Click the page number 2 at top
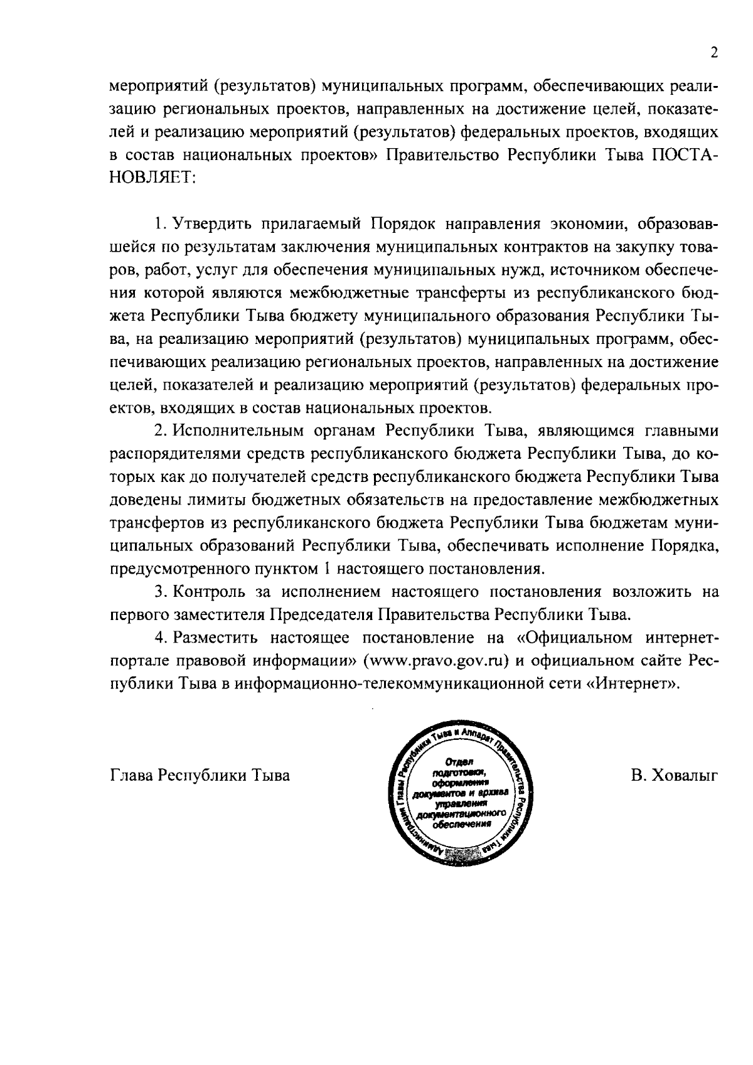click(713, 53)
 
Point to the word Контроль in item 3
click(213, 592)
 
